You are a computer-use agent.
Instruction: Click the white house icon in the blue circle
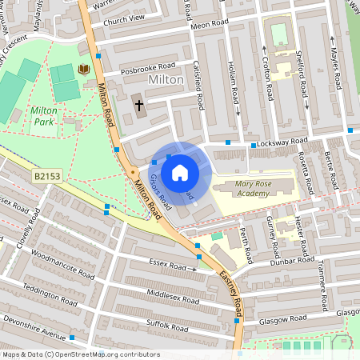click(180, 172)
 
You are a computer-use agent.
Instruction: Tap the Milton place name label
click(166, 82)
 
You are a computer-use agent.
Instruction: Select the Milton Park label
click(44, 116)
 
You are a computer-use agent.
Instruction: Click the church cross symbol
click(138, 105)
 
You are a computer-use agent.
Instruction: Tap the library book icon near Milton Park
click(83, 70)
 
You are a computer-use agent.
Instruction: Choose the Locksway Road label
click(278, 142)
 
